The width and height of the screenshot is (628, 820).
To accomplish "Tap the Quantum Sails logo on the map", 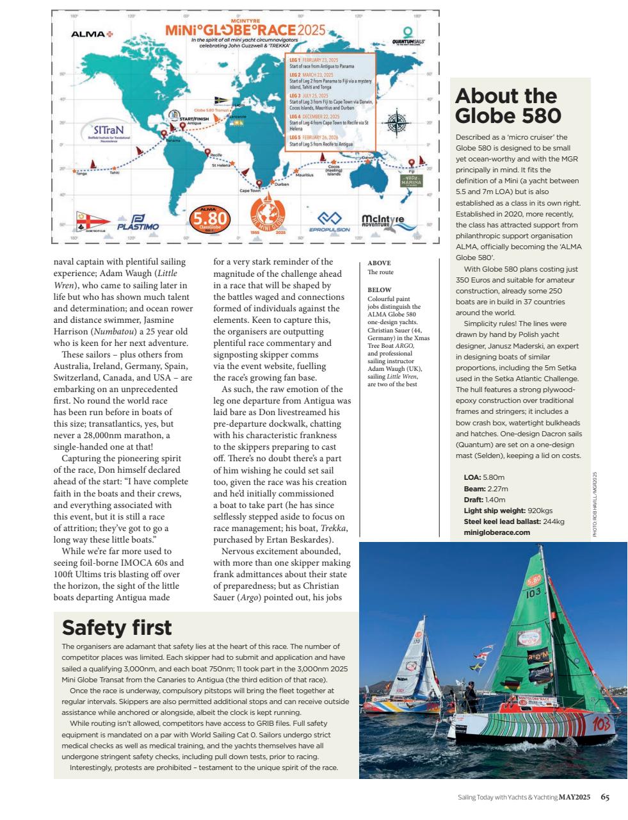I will click(408, 36).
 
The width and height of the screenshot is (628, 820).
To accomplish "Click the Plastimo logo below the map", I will click(138, 222).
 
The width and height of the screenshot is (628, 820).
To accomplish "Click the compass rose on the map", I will click(398, 121).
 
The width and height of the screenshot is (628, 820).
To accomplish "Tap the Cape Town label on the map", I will click(250, 190).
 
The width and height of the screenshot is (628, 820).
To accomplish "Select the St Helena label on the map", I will click(221, 165).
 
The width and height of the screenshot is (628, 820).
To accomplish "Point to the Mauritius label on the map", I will click(304, 174).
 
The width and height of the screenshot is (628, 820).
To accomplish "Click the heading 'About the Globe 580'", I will click(508, 106).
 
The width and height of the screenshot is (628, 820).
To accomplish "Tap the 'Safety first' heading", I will click(117, 627).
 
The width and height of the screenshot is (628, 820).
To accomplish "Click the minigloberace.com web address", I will click(497, 532).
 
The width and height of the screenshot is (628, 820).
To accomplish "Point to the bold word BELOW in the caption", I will click(380, 290).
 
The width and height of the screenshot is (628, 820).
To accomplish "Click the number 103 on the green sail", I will click(534, 593).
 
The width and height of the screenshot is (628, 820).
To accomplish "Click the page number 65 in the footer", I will click(605, 797).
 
